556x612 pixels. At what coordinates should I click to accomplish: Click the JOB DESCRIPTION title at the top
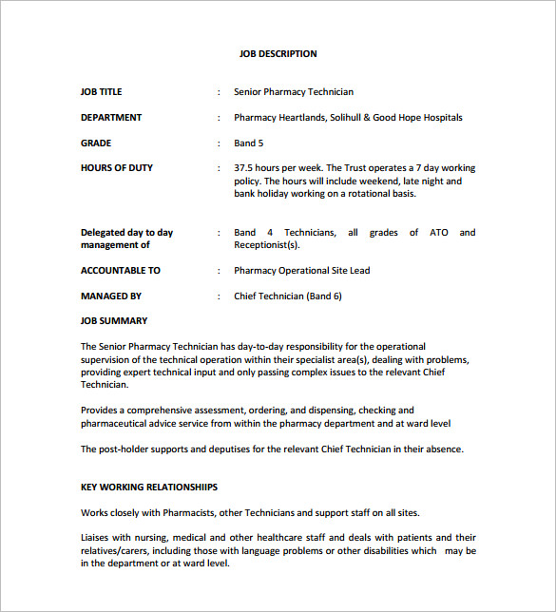pyautogui.click(x=278, y=54)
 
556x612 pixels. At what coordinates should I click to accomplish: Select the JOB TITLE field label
pyautogui.click(x=102, y=92)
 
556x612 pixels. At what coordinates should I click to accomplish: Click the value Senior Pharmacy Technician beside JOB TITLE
pyautogui.click(x=294, y=92)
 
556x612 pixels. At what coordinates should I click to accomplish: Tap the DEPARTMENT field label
pyautogui.click(x=111, y=118)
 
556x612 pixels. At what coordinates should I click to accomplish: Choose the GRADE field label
pyautogui.click(x=96, y=143)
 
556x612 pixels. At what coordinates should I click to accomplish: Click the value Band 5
pyautogui.click(x=249, y=143)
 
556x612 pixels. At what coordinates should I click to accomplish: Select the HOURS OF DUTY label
pyautogui.click(x=117, y=168)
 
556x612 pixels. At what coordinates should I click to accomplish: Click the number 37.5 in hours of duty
pyautogui.click(x=245, y=168)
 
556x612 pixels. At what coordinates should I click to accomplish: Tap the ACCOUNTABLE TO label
pyautogui.click(x=121, y=271)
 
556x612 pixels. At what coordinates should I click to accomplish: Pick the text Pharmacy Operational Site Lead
pyautogui.click(x=302, y=271)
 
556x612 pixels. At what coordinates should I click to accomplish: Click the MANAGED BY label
pyautogui.click(x=111, y=296)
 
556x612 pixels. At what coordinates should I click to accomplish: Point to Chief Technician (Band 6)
pyautogui.click(x=288, y=296)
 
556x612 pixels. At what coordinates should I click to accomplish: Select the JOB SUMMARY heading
pyautogui.click(x=114, y=321)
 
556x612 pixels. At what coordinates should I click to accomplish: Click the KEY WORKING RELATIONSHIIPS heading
pyautogui.click(x=149, y=488)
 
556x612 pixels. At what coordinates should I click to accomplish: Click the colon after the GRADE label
pyautogui.click(x=220, y=143)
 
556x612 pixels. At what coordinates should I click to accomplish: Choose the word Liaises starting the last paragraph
pyautogui.click(x=96, y=538)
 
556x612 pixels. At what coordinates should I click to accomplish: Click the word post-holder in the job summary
pyautogui.click(x=126, y=449)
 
